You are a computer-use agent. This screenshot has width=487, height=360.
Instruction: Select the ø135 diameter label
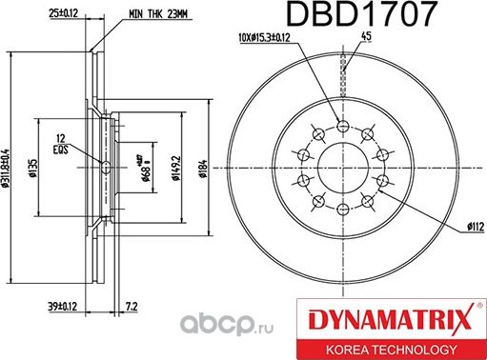click(32, 170)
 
